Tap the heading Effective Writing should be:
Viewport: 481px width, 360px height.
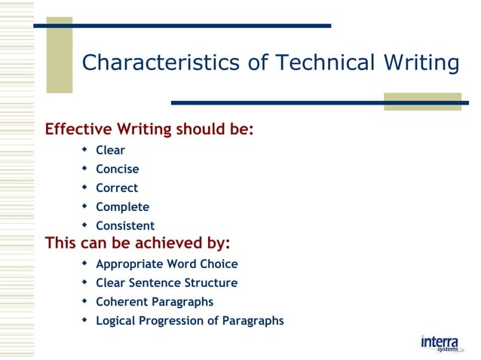[x=149, y=129]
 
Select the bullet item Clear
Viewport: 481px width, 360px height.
[x=110, y=150]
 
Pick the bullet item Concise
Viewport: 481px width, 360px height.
[x=117, y=169]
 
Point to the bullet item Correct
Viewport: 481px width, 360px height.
[x=116, y=188]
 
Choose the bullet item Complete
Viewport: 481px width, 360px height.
[x=122, y=206]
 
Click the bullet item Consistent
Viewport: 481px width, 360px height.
[x=124, y=225]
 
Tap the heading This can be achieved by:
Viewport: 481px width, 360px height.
[x=137, y=243]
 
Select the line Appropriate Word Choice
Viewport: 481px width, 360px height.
[x=167, y=264]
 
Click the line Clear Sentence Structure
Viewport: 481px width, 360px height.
[x=166, y=282]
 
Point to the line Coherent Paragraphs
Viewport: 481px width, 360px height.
[x=154, y=301]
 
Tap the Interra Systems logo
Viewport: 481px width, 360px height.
[x=440, y=343]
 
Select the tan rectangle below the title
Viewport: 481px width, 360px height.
[x=422, y=101]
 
